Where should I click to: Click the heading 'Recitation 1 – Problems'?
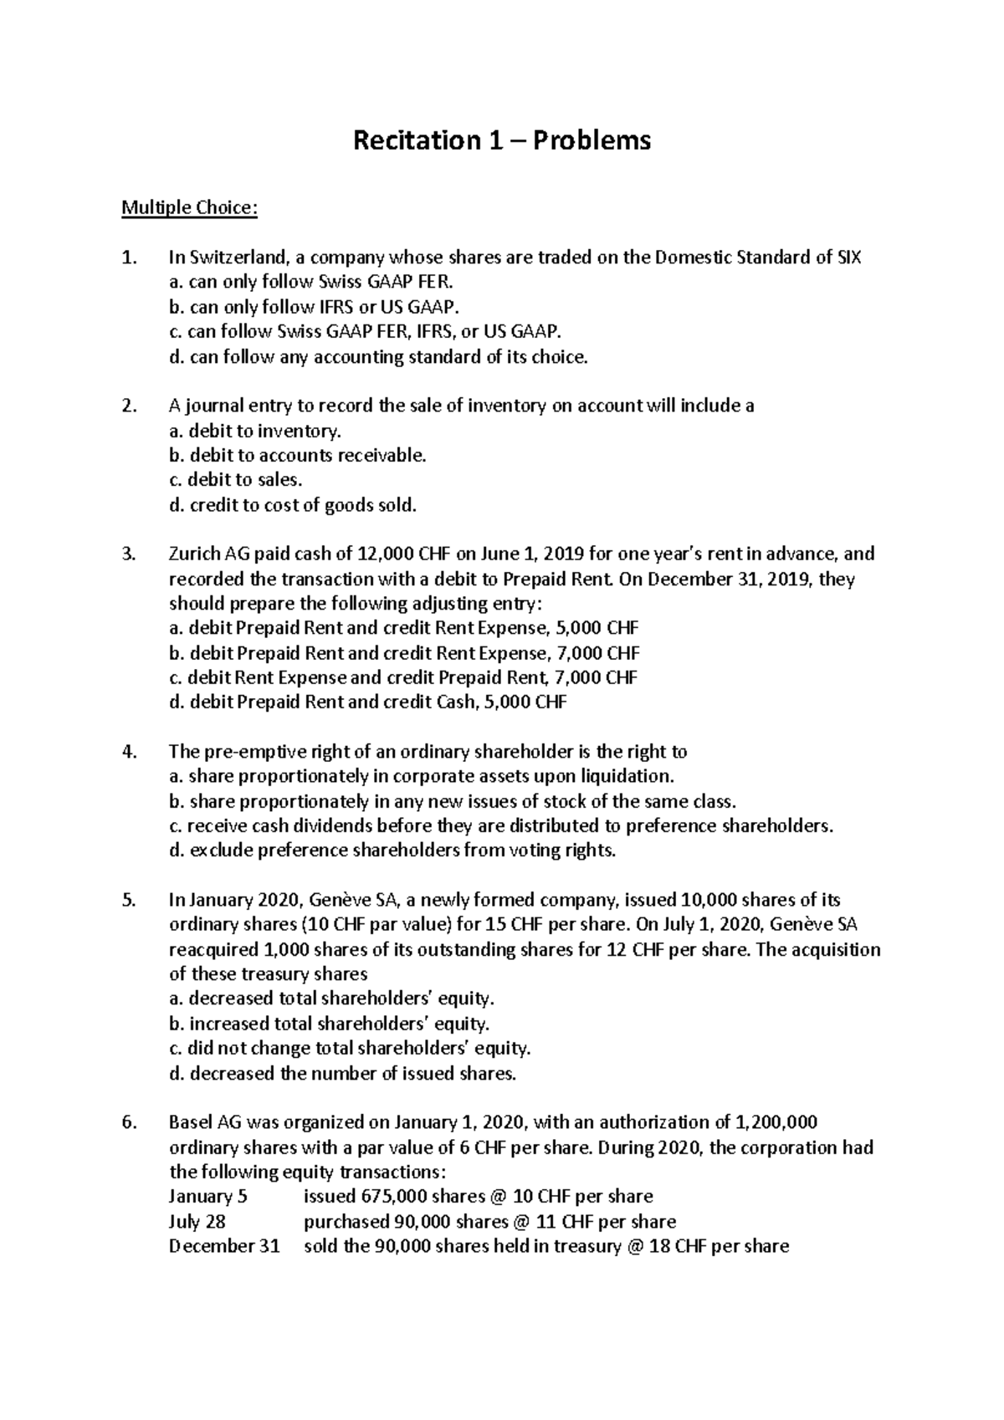(x=501, y=140)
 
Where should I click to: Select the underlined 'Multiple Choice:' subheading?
(x=189, y=207)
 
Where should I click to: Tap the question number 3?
(x=128, y=554)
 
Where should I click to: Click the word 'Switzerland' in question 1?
(x=239, y=258)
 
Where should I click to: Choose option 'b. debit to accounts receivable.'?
(x=297, y=456)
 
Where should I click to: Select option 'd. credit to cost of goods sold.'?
(x=292, y=505)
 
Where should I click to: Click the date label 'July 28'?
(x=197, y=1222)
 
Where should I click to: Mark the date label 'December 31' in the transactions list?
(x=224, y=1246)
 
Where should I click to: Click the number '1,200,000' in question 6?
(x=775, y=1122)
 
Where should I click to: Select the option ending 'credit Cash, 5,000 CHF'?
(x=367, y=702)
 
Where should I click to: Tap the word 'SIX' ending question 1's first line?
(x=848, y=258)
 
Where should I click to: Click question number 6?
(x=128, y=1122)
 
